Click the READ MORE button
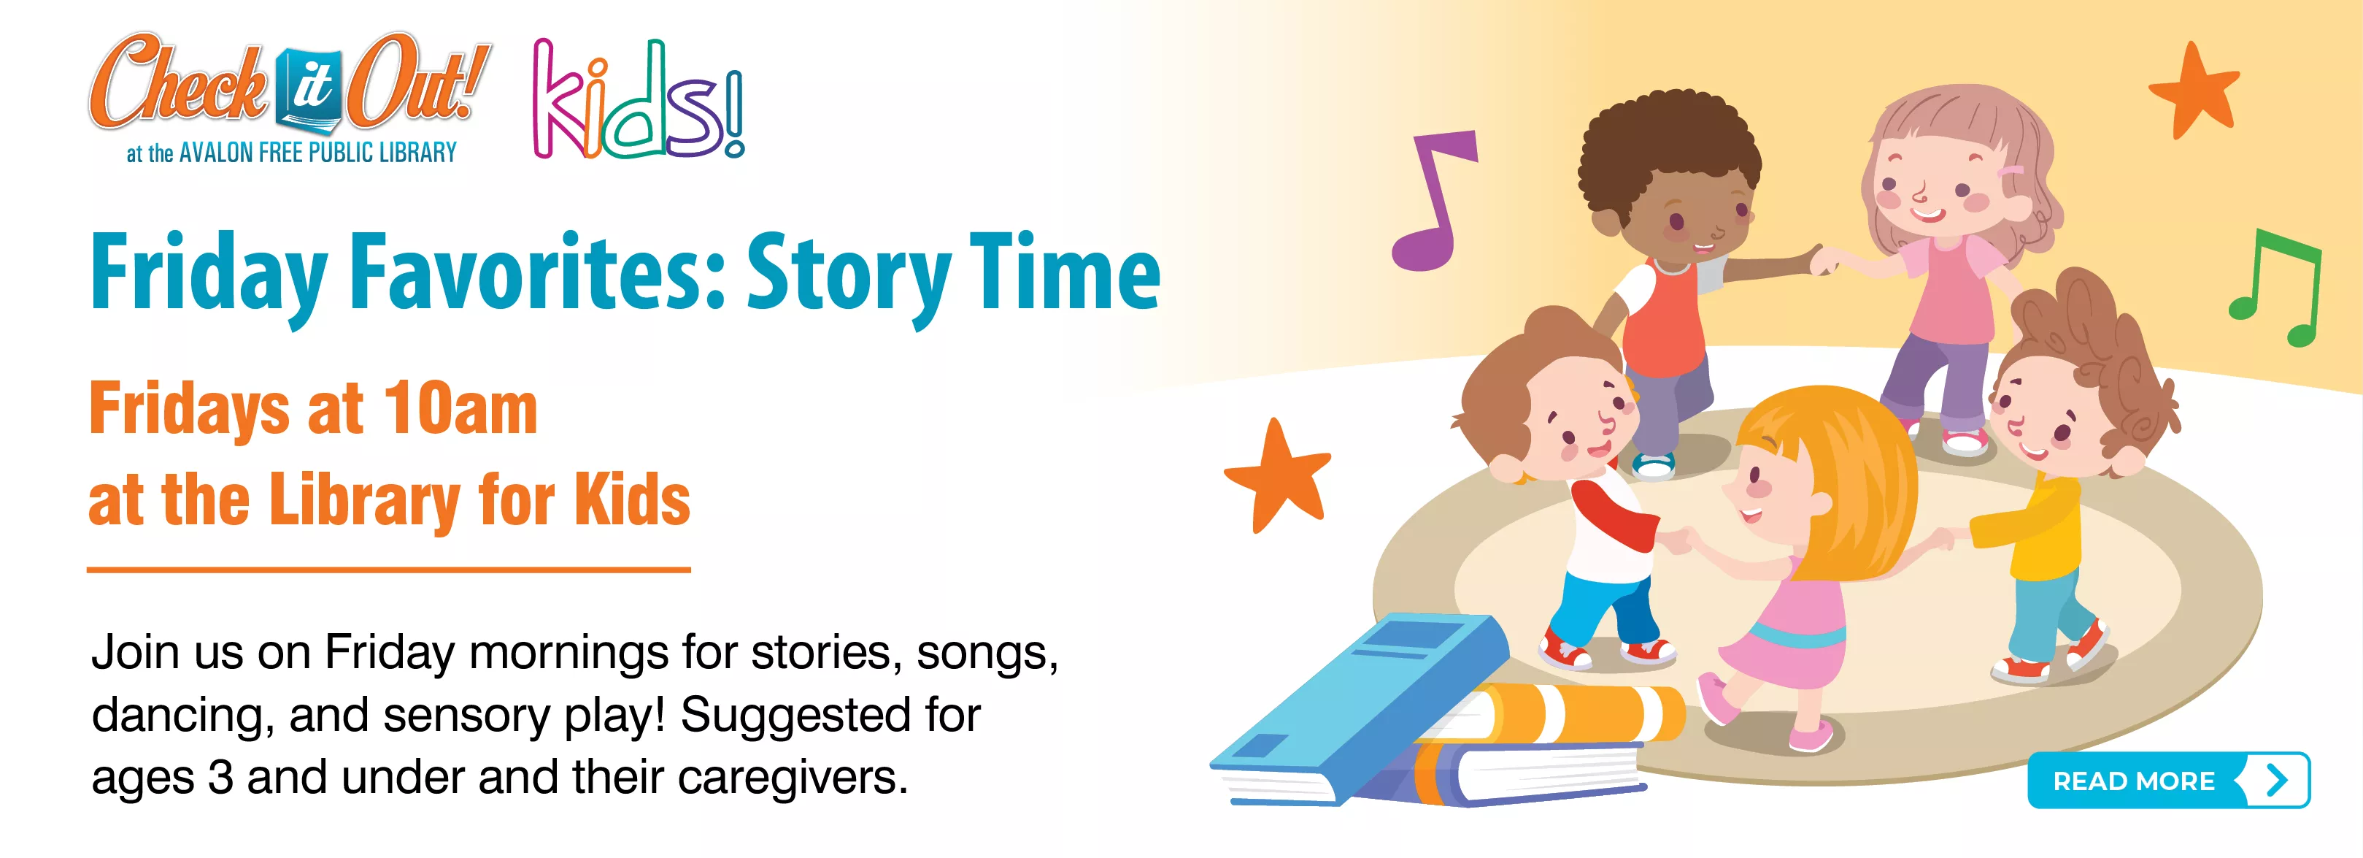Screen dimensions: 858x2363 (2167, 781)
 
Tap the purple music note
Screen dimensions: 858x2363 (1431, 202)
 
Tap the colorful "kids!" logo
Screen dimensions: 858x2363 (639, 99)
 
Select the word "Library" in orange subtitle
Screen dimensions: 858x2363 (365, 501)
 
